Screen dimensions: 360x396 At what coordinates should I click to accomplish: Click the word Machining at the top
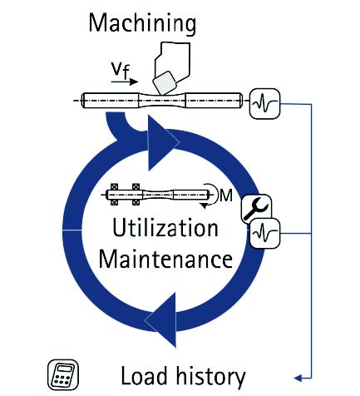[x=142, y=24]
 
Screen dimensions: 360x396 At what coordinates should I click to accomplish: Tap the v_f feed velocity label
[x=121, y=71]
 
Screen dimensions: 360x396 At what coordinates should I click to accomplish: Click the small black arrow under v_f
[x=125, y=82]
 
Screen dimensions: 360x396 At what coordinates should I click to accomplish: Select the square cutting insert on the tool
[x=164, y=82]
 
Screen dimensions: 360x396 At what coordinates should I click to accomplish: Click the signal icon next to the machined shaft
[x=264, y=104]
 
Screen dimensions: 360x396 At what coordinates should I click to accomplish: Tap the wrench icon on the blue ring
[x=255, y=207]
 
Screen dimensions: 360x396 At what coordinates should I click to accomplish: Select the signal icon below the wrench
[x=265, y=232]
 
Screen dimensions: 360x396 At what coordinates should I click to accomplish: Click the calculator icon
[x=63, y=375]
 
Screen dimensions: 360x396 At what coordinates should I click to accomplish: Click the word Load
[x=144, y=376]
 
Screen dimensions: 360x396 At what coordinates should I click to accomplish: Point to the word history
[x=210, y=377]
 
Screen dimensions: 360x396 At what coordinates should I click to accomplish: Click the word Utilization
[x=165, y=228]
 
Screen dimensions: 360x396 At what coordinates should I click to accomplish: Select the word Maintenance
[x=165, y=259]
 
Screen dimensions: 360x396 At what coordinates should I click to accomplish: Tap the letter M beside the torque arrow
[x=226, y=196]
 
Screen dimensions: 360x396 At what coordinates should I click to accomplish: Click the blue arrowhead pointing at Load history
[x=298, y=378]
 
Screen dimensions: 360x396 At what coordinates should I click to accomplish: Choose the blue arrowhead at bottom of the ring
[x=164, y=319]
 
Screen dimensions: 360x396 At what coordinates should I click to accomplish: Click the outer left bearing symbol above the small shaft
[x=114, y=187]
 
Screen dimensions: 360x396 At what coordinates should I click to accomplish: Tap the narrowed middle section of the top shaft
[x=162, y=101]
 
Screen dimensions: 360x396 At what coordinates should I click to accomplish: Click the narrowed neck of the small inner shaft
[x=158, y=195]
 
